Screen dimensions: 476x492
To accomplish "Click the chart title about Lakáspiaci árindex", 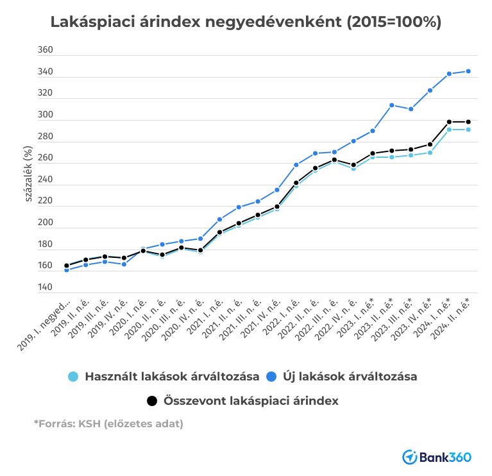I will pos(246,22).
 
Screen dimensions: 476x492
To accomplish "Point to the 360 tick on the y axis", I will pos(46,51).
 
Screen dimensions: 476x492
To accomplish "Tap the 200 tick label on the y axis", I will pos(46,223).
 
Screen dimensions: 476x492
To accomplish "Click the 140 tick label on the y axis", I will pos(46,287).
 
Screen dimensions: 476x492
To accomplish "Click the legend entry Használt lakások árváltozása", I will pos(171,376).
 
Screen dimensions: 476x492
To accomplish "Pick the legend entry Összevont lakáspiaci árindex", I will pos(251,401).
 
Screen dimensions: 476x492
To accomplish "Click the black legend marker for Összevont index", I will pos(151,401).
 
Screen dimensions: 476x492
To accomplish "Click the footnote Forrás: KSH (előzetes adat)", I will pos(108,423).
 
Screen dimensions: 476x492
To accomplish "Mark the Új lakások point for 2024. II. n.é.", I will pos(468,71).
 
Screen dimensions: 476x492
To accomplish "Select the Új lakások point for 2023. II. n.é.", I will pos(391,105).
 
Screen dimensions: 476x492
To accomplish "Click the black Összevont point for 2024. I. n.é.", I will pos(449,122).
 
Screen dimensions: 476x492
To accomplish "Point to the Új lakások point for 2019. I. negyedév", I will pos(66,270).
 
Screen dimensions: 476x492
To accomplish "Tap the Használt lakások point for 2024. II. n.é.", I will pos(468,130).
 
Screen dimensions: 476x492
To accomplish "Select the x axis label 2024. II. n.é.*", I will pos(457,321).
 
